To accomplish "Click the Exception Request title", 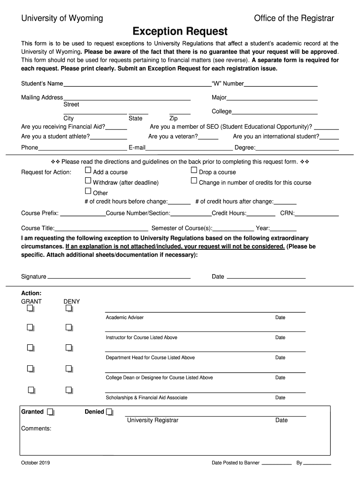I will coord(180,32).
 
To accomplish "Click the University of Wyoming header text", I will coord(62,18).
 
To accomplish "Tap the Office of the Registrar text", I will coord(294,18).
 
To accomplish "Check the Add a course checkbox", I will coord(88,171).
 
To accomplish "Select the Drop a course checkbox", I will coord(194,171).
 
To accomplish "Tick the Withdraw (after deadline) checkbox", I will coord(88,181).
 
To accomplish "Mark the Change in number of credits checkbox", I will coord(194,181).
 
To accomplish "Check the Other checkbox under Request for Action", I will coord(88,191).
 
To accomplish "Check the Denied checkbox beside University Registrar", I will coord(109,412).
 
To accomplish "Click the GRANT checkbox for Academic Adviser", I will coord(30,309).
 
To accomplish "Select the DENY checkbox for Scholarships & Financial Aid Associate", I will coord(69,390).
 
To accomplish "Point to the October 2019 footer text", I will coord(36,463).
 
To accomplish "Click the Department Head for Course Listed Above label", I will coord(150,358).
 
